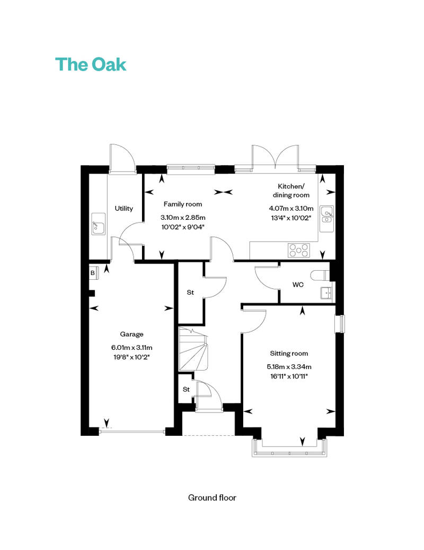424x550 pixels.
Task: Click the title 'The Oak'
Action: click(91, 65)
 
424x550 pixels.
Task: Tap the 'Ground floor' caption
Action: click(212, 497)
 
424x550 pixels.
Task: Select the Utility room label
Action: click(124, 208)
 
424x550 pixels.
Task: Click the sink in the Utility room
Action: click(99, 224)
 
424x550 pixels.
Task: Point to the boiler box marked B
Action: click(93, 272)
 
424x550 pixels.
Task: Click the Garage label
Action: click(131, 334)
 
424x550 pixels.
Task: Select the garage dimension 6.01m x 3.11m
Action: click(131, 348)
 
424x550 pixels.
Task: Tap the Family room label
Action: click(183, 204)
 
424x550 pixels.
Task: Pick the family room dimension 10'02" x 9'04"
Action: click(183, 227)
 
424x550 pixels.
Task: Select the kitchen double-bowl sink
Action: click(326, 219)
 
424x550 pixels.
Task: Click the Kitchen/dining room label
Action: click(291, 191)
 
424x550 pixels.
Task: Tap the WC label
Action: click(298, 285)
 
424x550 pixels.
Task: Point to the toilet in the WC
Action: click(320, 276)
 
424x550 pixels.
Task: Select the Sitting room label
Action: click(289, 354)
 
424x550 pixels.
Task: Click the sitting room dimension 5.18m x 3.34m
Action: click(289, 367)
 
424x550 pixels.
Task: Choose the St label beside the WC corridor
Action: click(190, 292)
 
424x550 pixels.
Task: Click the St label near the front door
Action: click(186, 389)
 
